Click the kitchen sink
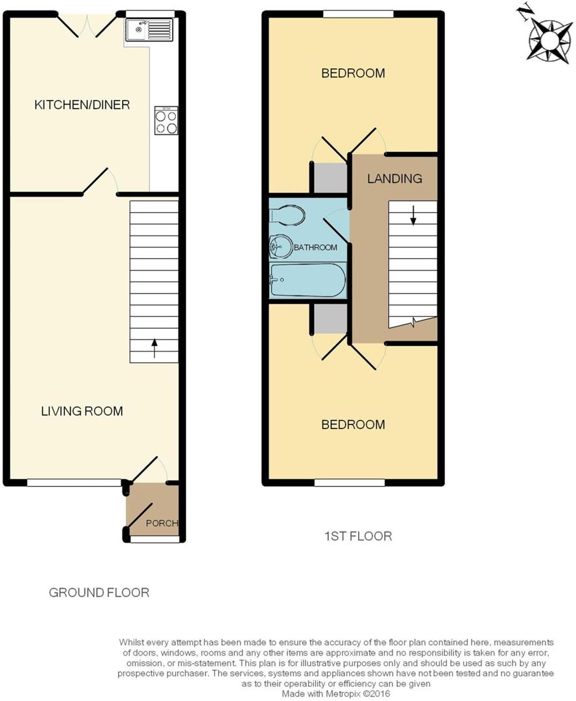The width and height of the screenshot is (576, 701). pyautogui.click(x=149, y=31)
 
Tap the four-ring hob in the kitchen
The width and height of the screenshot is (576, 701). pyautogui.click(x=166, y=120)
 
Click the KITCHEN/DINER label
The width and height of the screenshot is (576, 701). pyautogui.click(x=82, y=105)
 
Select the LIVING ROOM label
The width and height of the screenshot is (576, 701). pyautogui.click(x=82, y=411)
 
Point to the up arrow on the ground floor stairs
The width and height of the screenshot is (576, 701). pyautogui.click(x=154, y=349)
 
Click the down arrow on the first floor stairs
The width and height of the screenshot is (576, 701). pyautogui.click(x=413, y=215)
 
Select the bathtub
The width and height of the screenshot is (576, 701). pyautogui.click(x=307, y=280)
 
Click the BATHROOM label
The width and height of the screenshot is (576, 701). pyautogui.click(x=315, y=247)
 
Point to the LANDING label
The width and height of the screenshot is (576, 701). pyautogui.click(x=394, y=178)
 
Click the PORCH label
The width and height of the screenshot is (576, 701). pyautogui.click(x=162, y=523)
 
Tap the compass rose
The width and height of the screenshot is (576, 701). pyautogui.click(x=550, y=41)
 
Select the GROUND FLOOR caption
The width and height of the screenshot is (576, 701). pyautogui.click(x=99, y=593)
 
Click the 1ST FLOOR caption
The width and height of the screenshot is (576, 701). pyautogui.click(x=358, y=536)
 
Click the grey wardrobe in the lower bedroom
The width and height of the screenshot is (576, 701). pyautogui.click(x=330, y=319)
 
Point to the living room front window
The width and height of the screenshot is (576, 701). pyautogui.click(x=74, y=483)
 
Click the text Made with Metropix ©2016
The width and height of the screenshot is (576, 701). pyautogui.click(x=335, y=694)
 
